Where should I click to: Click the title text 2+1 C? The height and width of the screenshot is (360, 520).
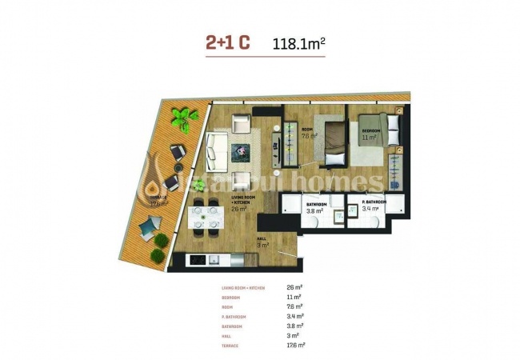tap(228, 43)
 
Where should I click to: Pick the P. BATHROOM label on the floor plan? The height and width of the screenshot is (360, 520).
tap(374, 203)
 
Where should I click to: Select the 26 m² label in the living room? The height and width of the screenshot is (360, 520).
tap(237, 208)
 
